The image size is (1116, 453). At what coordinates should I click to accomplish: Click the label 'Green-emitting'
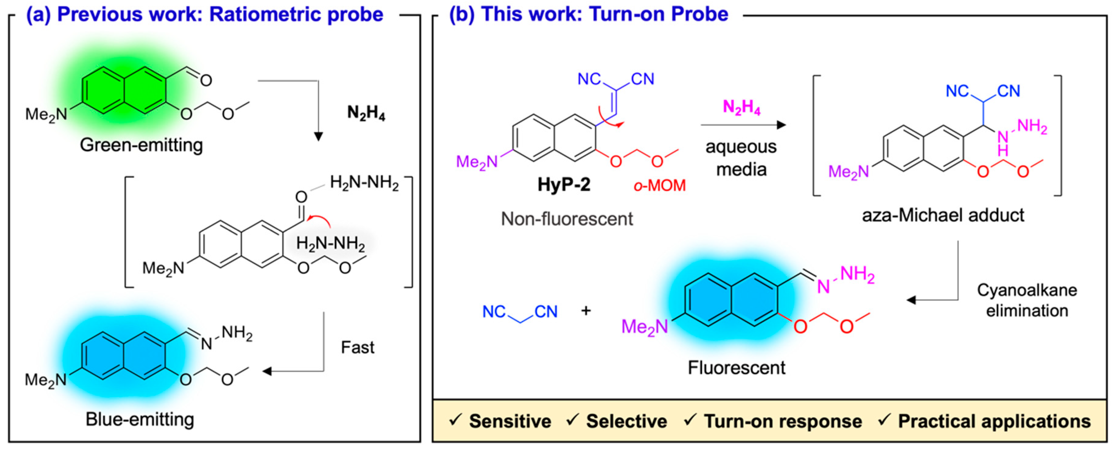click(x=141, y=145)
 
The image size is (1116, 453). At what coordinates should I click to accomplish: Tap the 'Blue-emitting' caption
click(x=140, y=419)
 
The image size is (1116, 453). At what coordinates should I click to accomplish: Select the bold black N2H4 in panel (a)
click(x=366, y=113)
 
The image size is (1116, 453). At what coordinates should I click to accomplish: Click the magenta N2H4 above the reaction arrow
click(x=741, y=107)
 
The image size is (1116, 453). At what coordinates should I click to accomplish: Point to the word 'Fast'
click(x=358, y=347)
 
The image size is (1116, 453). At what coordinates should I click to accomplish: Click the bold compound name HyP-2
click(x=563, y=184)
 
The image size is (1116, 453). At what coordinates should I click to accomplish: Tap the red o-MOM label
click(x=660, y=185)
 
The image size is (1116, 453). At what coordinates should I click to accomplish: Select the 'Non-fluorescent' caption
click(x=567, y=219)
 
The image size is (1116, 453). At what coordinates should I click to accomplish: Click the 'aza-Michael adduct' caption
click(x=943, y=215)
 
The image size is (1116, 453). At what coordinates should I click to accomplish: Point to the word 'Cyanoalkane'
click(x=1027, y=290)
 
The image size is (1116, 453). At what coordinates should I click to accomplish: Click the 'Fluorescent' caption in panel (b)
click(x=736, y=368)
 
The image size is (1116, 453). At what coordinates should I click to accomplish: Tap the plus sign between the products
click(x=586, y=311)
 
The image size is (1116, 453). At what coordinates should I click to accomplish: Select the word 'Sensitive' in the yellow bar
click(x=510, y=421)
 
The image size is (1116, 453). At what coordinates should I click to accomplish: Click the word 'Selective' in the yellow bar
click(x=627, y=421)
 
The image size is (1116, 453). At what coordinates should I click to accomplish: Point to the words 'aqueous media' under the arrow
click(x=741, y=158)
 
